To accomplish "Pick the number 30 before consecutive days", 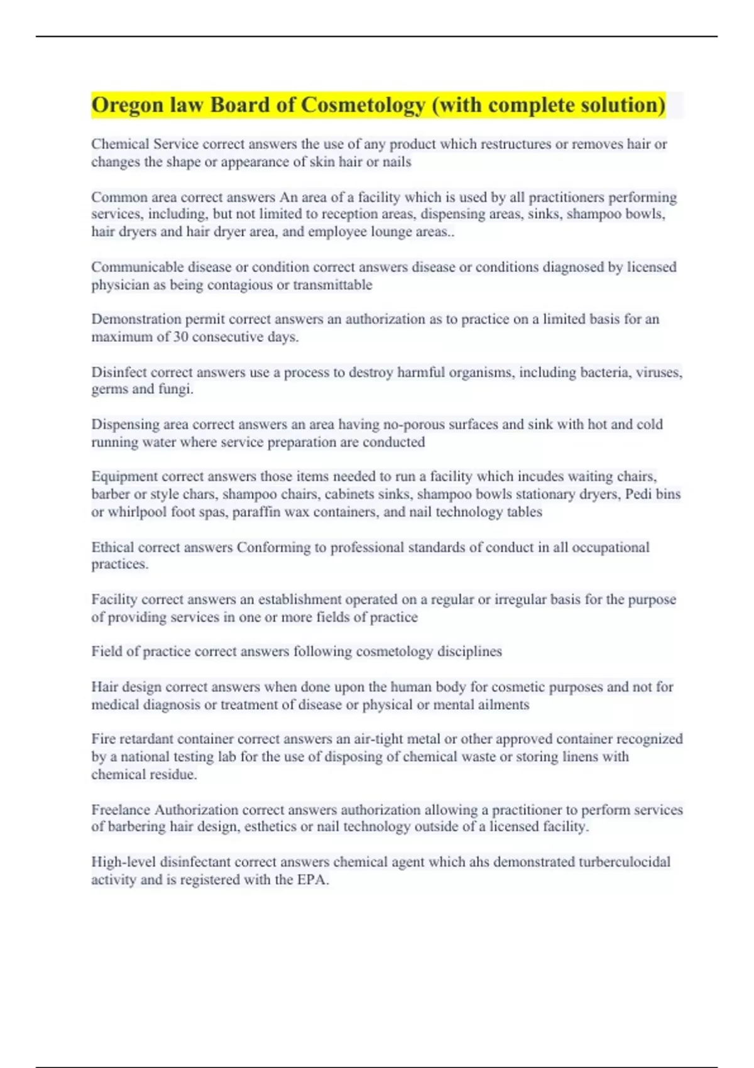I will pos(181,337).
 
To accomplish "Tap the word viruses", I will pos(659,373).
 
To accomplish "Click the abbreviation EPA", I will pos(312,880).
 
